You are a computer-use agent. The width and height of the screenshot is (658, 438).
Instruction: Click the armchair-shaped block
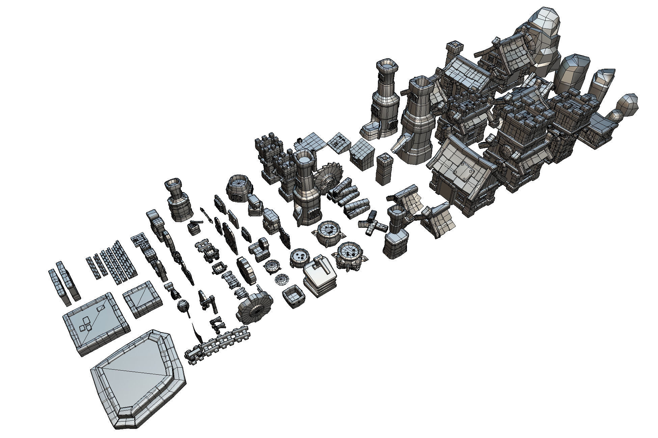[x=259, y=249]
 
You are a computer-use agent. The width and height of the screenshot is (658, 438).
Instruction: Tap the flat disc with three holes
[x=299, y=257]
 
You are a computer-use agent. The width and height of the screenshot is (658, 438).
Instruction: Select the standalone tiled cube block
[x=362, y=154]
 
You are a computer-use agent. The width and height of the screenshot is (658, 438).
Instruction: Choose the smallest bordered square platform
[x=142, y=299]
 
